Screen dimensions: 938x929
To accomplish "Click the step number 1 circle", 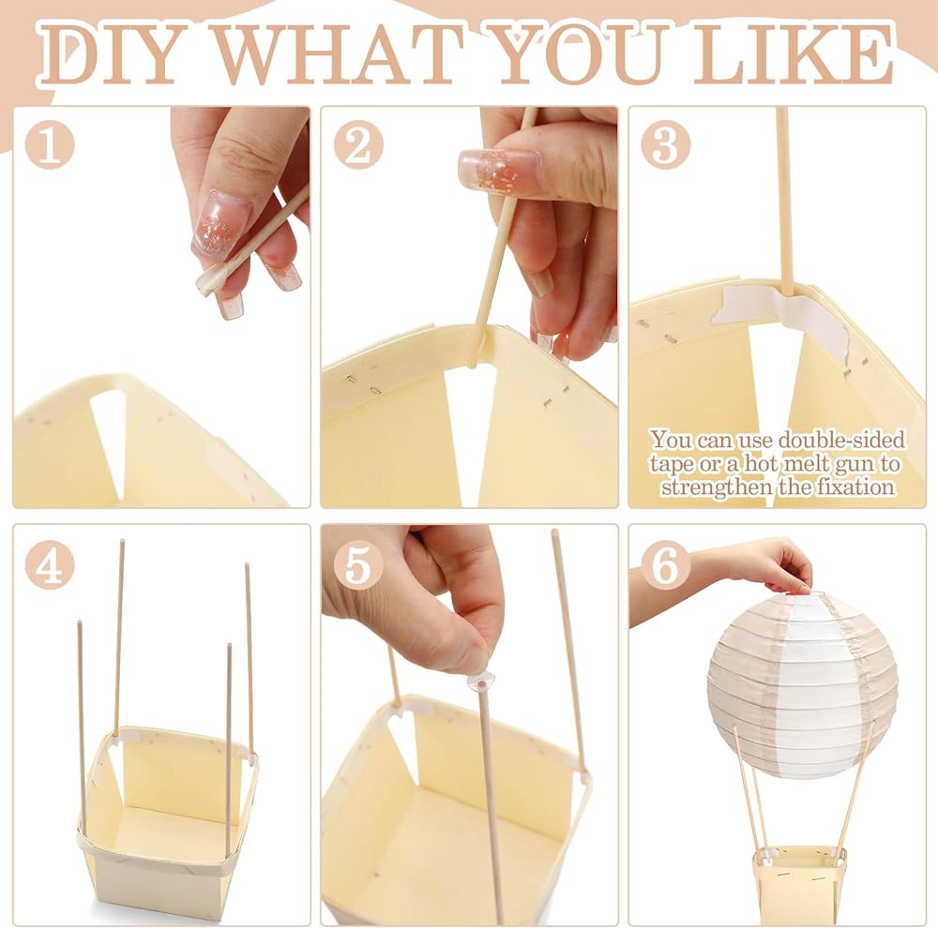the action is click(x=50, y=144).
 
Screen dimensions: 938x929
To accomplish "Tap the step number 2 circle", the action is click(x=358, y=144).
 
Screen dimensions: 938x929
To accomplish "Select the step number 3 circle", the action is click(x=665, y=144).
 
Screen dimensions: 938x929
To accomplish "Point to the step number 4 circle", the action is click(x=50, y=565).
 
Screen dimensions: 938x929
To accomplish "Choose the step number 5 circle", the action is click(x=358, y=565).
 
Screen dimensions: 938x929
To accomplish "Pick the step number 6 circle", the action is click(x=665, y=565).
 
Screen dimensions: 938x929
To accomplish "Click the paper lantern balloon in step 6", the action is click(x=802, y=684).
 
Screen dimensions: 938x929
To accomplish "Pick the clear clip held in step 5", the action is click(x=481, y=681).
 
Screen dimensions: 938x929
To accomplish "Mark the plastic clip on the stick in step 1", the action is click(x=211, y=279).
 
